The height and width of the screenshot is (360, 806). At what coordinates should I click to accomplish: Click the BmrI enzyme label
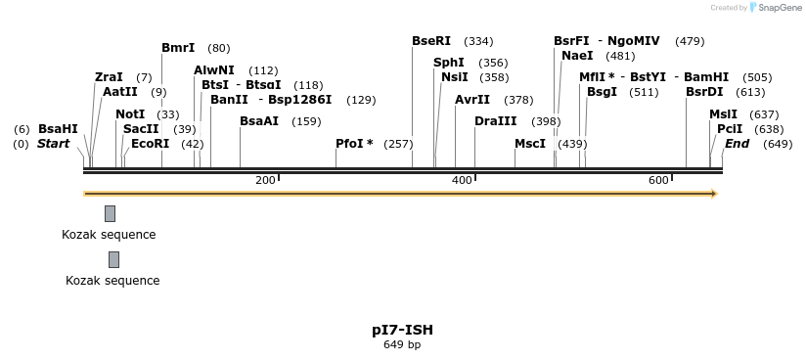point(178,48)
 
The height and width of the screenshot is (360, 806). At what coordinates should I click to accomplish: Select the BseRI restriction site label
point(431,41)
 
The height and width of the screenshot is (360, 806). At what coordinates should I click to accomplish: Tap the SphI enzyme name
point(449,63)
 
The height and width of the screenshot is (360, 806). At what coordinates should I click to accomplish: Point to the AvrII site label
point(472,100)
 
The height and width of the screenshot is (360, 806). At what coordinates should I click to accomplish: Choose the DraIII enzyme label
point(496,121)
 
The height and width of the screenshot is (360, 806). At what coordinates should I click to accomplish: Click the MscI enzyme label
point(530,144)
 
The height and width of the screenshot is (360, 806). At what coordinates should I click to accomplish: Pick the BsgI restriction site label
point(602,92)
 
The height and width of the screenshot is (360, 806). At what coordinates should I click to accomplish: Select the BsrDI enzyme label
point(704,92)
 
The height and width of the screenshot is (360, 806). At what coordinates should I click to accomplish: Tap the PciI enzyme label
point(730,129)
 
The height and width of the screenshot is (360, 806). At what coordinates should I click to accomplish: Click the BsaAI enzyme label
point(259,121)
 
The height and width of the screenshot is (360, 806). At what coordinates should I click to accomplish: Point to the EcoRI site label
point(150,144)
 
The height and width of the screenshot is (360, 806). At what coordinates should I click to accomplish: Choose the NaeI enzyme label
point(577,56)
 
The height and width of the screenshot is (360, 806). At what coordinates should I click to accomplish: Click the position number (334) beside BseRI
point(478,41)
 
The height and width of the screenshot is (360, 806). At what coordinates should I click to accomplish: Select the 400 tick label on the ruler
point(462,180)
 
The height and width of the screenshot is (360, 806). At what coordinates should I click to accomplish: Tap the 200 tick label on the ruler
point(265,180)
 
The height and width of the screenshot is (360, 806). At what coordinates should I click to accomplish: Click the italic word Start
point(54,144)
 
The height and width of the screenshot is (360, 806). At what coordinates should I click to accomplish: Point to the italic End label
point(738,144)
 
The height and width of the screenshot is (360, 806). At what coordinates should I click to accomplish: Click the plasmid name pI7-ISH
point(402,330)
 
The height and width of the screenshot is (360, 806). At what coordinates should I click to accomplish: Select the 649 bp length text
point(402,344)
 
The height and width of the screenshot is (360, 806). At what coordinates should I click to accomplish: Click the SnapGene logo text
point(779,8)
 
